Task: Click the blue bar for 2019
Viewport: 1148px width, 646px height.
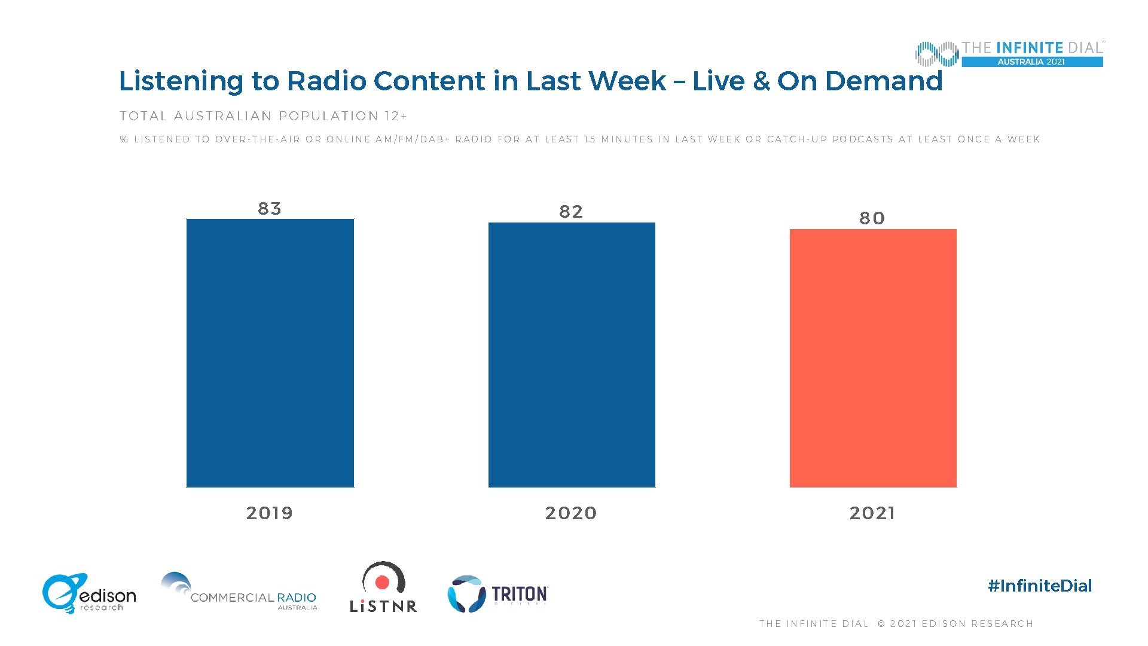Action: (x=270, y=353)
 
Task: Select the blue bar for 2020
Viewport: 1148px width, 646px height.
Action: (x=572, y=355)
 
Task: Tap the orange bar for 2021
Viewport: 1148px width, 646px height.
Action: (x=873, y=358)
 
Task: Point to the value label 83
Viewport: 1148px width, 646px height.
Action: (x=270, y=209)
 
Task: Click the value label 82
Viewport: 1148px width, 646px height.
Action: (x=571, y=212)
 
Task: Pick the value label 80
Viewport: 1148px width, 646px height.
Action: (x=872, y=218)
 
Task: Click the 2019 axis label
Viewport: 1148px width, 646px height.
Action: (x=270, y=513)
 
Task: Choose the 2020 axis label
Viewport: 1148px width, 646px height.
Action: (x=571, y=513)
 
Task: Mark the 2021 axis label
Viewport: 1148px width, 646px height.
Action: (x=872, y=513)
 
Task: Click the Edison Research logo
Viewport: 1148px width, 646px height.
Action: (x=89, y=593)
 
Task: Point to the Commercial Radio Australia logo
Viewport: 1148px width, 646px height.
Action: (x=239, y=592)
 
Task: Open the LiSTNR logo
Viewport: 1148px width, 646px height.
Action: (x=383, y=587)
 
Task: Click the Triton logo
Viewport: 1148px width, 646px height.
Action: (x=498, y=594)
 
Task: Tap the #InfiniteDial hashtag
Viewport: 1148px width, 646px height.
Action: (x=1040, y=586)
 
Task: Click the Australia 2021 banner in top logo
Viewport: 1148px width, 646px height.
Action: (x=1031, y=62)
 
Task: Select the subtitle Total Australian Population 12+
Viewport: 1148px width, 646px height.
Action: (x=263, y=116)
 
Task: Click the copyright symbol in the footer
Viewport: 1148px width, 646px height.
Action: (x=881, y=624)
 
